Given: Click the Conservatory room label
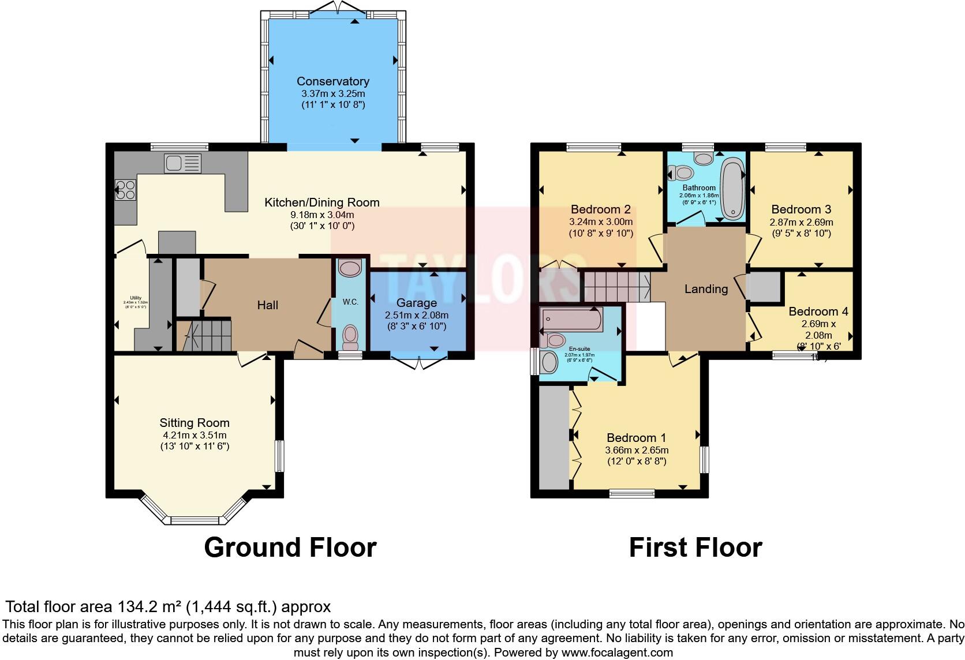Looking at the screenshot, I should (x=333, y=81).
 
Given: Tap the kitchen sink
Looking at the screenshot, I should (x=182, y=163).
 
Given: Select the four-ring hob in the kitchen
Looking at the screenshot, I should (x=126, y=190).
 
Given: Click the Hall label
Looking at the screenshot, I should (x=268, y=305).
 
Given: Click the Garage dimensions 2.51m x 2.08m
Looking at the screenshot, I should (x=417, y=315).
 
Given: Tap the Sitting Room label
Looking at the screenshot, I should (x=195, y=423).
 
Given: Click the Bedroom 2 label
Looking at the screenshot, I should (x=601, y=209).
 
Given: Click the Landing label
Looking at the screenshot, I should (x=706, y=289).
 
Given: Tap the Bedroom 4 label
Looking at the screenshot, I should (x=818, y=312).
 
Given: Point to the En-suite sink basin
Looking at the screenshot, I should (x=549, y=362).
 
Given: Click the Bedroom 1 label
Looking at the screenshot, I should (x=636, y=438).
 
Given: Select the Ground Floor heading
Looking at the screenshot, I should (x=290, y=547).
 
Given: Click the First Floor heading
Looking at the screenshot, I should (x=695, y=547).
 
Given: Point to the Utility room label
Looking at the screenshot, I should (x=136, y=298).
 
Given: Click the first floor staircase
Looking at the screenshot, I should (x=615, y=286).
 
